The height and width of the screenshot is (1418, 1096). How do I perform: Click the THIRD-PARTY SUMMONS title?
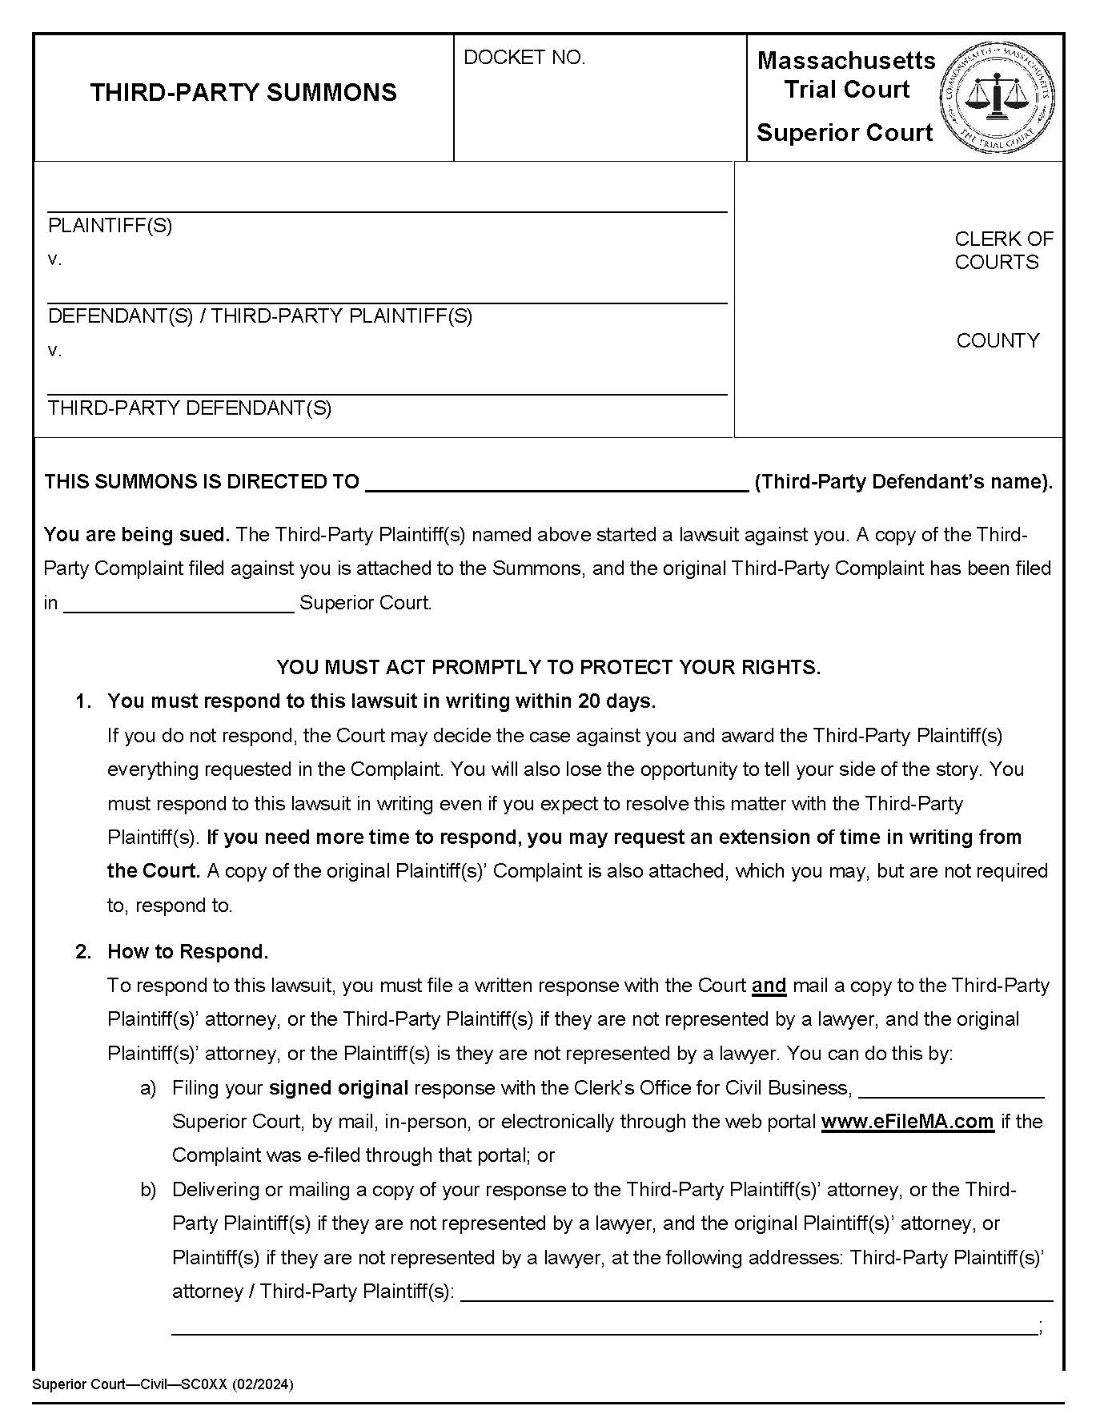pyautogui.click(x=243, y=93)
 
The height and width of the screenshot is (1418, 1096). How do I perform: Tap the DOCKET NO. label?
pyautogui.click(x=524, y=58)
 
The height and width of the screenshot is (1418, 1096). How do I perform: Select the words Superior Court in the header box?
pyautogui.click(x=845, y=133)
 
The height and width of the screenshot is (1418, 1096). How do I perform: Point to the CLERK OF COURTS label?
pyautogui.click(x=1003, y=251)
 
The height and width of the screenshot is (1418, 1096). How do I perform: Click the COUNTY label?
pyautogui.click(x=998, y=341)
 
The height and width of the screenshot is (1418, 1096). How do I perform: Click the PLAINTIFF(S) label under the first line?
pyautogui.click(x=110, y=226)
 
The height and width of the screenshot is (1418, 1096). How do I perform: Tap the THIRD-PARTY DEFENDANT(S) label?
pyautogui.click(x=190, y=408)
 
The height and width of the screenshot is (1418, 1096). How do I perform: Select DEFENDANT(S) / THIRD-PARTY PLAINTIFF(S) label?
pyautogui.click(x=260, y=316)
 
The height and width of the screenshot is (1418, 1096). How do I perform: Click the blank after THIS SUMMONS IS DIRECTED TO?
pyautogui.click(x=556, y=483)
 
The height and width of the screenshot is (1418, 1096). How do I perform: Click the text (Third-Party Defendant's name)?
pyautogui.click(x=904, y=482)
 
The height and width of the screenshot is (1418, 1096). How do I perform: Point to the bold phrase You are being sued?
pyautogui.click(x=137, y=535)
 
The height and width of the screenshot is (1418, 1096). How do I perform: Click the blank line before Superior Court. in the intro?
pyautogui.click(x=179, y=604)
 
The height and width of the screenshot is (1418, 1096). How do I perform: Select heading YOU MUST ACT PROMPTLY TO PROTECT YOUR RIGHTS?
pyautogui.click(x=548, y=668)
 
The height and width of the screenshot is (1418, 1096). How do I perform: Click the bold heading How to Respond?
pyautogui.click(x=188, y=952)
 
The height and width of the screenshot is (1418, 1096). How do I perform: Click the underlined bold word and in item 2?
pyautogui.click(x=769, y=986)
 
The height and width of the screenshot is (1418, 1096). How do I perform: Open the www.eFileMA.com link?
pyautogui.click(x=907, y=1122)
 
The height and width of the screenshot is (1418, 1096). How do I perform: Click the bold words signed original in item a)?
pyautogui.click(x=339, y=1088)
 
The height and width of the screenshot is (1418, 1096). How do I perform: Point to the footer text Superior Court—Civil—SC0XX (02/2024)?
pyautogui.click(x=163, y=1384)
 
